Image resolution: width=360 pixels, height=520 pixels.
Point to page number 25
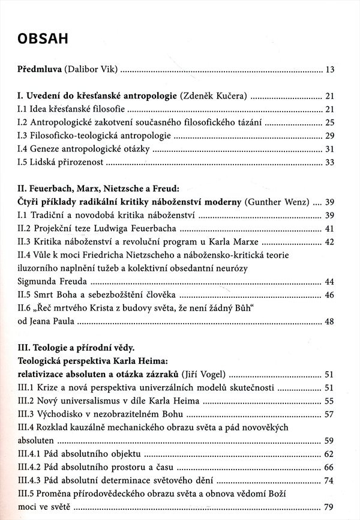pos(329,122)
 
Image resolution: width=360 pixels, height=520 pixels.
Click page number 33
pos(329,163)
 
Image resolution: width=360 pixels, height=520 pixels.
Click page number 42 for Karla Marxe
pos(329,242)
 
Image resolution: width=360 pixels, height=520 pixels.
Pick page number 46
pos(329,295)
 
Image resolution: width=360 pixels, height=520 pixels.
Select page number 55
pos(329,401)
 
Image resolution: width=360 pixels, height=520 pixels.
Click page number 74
pos(329,480)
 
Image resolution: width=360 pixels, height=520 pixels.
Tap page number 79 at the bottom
pos(329,507)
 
